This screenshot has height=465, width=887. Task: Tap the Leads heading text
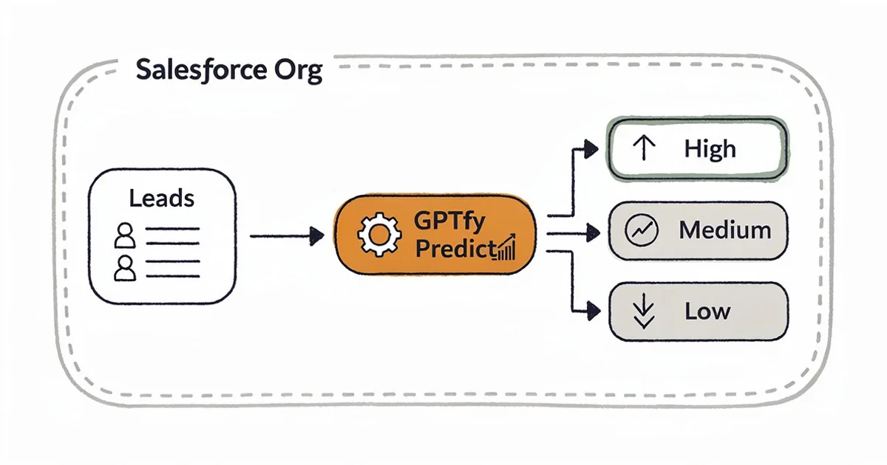pyautogui.click(x=161, y=199)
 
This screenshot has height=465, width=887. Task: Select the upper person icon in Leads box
pyautogui.click(x=126, y=237)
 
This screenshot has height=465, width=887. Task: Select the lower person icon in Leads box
pyautogui.click(x=126, y=267)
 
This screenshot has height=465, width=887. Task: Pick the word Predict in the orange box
pyautogui.click(x=454, y=249)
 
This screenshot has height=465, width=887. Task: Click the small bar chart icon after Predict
pyautogui.click(x=506, y=249)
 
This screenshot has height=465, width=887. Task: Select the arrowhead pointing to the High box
pyautogui.click(x=590, y=148)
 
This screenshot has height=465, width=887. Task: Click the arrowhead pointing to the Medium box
pyautogui.click(x=592, y=233)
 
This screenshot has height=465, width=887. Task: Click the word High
pyautogui.click(x=710, y=149)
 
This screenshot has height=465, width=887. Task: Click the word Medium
pyautogui.click(x=724, y=230)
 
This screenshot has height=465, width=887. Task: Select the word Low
pyautogui.click(x=707, y=311)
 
